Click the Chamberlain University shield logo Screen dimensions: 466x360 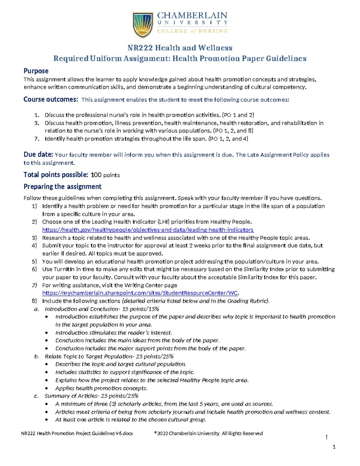[x=143, y=25]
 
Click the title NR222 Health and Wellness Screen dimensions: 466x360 [x=180, y=48]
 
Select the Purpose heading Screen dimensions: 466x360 [x=36, y=71]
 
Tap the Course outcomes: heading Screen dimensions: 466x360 [x=51, y=99]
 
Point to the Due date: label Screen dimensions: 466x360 [x=38, y=155]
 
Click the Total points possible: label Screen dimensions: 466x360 [x=56, y=175]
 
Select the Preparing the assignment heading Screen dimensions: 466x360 [x=62, y=187]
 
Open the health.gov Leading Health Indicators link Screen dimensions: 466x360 [x=148, y=230]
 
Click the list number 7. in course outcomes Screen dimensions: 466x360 [x=37, y=139]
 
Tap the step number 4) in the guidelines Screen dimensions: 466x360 [x=34, y=245]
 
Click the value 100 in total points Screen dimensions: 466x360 [x=96, y=175]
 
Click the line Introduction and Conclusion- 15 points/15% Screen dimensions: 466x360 [x=102, y=309]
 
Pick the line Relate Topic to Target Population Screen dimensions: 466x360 [x=109, y=356]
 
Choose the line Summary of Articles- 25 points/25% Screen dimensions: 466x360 [x=91, y=396]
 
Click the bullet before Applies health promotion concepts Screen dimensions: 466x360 [x=46, y=388]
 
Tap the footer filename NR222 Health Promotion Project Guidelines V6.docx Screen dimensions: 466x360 [x=77, y=433]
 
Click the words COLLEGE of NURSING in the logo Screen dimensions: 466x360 [x=192, y=31]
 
